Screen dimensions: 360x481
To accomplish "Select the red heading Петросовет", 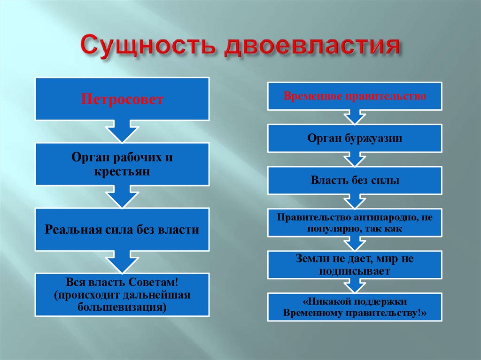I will [x=122, y=100].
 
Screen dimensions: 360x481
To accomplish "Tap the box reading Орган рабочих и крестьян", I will [x=122, y=164].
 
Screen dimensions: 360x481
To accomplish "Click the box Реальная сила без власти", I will [x=122, y=230].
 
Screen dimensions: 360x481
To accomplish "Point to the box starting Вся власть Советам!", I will [x=122, y=294].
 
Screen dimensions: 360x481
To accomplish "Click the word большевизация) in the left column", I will [x=122, y=307].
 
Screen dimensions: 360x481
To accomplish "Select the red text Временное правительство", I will [x=355, y=96].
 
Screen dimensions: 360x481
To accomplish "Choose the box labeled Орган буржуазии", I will [x=355, y=138].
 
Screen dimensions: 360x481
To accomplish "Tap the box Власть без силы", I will [x=355, y=180].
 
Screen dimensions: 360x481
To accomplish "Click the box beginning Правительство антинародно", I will [x=355, y=222].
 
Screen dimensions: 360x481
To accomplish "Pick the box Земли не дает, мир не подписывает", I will [x=355, y=265].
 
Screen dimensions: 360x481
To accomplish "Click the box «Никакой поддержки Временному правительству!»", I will [x=355, y=307].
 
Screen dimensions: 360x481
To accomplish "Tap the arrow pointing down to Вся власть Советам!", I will [x=122, y=261].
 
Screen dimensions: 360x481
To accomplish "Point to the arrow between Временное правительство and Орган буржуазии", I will [x=355, y=117].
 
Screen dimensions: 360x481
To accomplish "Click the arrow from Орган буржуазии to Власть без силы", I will [x=355, y=160].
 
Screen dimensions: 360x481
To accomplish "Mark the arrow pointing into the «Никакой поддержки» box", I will [x=355, y=286].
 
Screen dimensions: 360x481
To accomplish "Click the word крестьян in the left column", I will [x=122, y=172].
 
